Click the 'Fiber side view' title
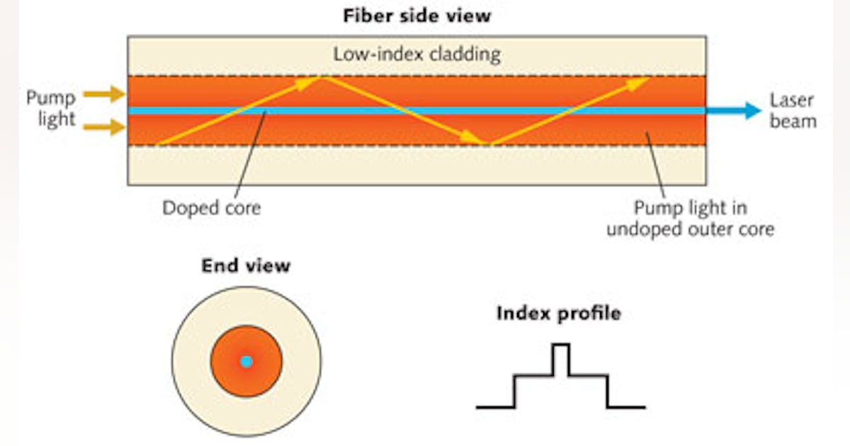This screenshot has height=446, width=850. pyautogui.click(x=416, y=16)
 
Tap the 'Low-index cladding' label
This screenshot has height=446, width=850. pyautogui.click(x=416, y=55)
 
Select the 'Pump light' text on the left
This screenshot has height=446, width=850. pyautogui.click(x=51, y=108)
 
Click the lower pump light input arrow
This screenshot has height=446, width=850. pyautogui.click(x=103, y=127)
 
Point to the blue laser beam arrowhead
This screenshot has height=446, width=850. pyautogui.click(x=752, y=110)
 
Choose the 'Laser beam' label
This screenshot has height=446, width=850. pyautogui.click(x=792, y=111)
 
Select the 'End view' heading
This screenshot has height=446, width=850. pyautogui.click(x=246, y=265)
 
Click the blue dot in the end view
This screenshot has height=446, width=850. pyautogui.click(x=246, y=362)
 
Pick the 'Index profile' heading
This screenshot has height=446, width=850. pyautogui.click(x=558, y=313)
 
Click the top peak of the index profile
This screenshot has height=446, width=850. pyautogui.click(x=561, y=345)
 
